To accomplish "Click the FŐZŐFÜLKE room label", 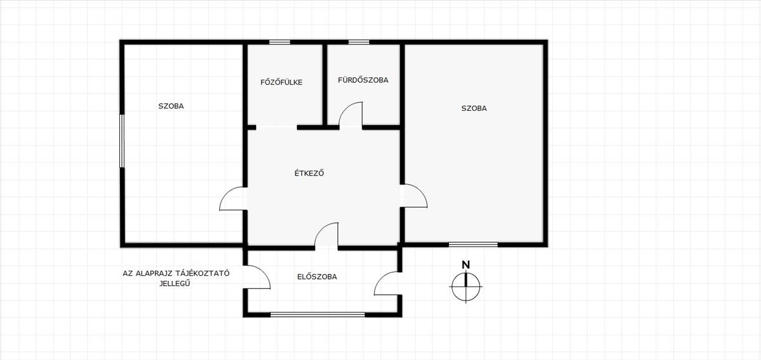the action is (282, 82).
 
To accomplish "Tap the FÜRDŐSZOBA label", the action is (363, 80).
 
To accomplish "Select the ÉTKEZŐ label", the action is (309, 173).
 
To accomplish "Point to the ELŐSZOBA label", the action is (317, 276).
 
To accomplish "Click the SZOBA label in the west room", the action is (171, 106).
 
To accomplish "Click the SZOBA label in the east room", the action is (474, 108).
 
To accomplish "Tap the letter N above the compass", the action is (465, 265).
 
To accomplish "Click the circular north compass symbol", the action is (465, 286).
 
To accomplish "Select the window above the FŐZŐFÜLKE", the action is (280, 42).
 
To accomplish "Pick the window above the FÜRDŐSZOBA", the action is (359, 42).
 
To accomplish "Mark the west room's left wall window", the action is (122, 141).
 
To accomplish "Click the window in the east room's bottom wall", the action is (473, 245).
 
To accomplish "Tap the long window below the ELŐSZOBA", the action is (317, 314).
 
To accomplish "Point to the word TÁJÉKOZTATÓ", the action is (202, 273).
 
